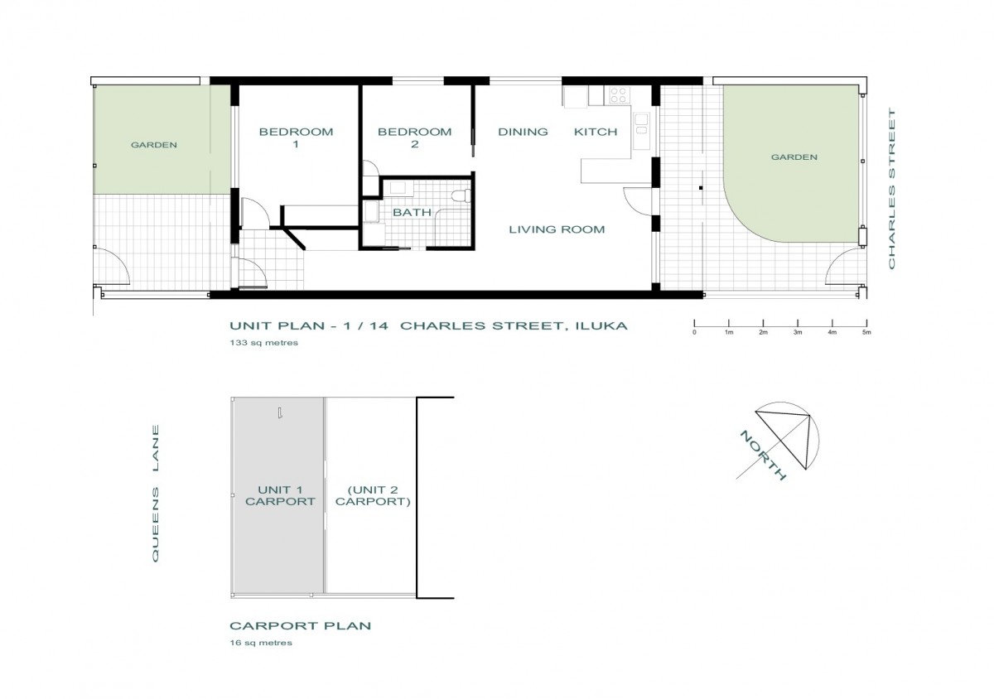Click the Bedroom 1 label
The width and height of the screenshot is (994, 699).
point(296,137)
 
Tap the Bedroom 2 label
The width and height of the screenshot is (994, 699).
point(414,137)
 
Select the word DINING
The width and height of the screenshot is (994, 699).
point(523,132)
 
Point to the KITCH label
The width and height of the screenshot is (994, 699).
point(596,132)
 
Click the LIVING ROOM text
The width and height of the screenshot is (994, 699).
point(557,229)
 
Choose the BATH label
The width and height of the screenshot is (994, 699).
point(413,213)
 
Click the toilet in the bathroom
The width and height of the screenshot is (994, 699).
point(461,195)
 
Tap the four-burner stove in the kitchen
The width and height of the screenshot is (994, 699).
point(619,94)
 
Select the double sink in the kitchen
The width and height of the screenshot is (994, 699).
point(641,124)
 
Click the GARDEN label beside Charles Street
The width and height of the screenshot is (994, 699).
point(794,157)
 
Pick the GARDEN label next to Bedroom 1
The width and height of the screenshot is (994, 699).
point(153,145)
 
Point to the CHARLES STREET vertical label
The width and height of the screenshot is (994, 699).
point(891,188)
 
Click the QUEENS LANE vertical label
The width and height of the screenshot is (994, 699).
point(156,494)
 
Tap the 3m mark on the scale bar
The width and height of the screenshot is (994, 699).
point(798,323)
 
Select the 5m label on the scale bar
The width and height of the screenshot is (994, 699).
point(866,332)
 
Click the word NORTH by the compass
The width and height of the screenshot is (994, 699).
point(763,456)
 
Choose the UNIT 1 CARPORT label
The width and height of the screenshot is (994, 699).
point(280,496)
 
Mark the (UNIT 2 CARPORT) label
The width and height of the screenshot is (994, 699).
point(373,496)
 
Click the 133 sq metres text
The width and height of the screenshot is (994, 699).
point(264,343)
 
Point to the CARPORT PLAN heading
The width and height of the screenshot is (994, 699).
point(301,626)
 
